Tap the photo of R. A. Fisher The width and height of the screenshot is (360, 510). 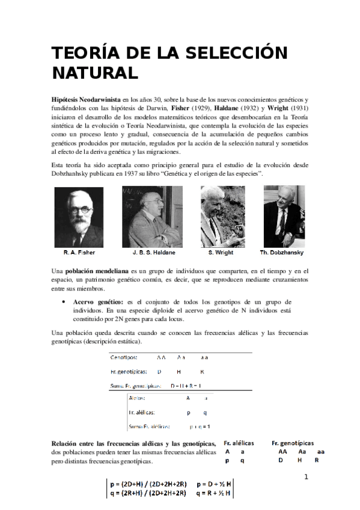click(x=78, y=217)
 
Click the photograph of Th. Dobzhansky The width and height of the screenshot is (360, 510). click(x=284, y=217)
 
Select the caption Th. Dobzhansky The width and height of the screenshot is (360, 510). click(x=282, y=253)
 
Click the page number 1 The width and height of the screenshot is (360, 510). click(x=306, y=477)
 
